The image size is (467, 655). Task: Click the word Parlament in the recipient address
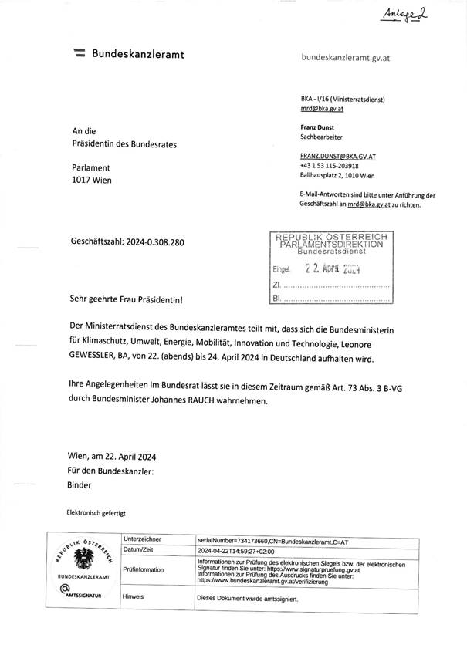(91, 167)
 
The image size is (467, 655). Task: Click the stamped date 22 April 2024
(333, 270)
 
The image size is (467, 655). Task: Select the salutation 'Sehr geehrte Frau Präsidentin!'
(127, 298)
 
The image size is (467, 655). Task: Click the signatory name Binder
(80, 485)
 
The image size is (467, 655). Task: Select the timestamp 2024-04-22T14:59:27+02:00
(242, 551)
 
